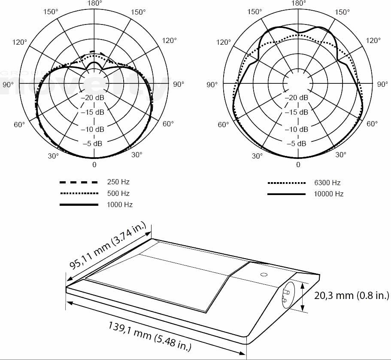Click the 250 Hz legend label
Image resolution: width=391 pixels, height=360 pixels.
[x=118, y=182]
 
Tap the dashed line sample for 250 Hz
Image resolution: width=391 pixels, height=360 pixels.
[x=79, y=182]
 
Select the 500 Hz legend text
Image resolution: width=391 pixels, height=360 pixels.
[x=118, y=193]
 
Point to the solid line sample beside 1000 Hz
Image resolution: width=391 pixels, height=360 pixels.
[x=79, y=205]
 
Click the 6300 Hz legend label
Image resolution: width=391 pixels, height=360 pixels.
[x=327, y=183]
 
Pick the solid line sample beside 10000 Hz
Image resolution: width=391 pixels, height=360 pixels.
[x=287, y=194]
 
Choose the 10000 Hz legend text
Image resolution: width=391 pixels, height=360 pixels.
[x=329, y=194]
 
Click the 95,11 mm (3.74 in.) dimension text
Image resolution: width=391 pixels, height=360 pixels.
[x=108, y=246]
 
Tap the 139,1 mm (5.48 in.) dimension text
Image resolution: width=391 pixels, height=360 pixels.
[x=150, y=336]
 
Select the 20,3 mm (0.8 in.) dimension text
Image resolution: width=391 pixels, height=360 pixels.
[x=352, y=296]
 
